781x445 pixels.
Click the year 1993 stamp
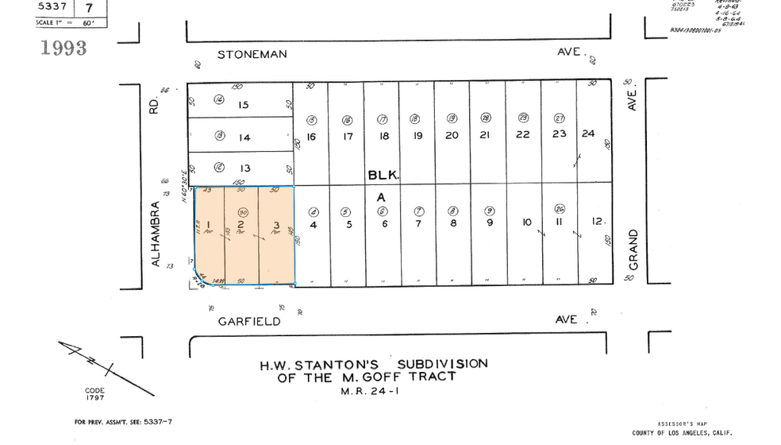tap(63, 48)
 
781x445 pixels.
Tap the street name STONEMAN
tap(252, 54)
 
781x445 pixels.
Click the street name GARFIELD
tap(250, 321)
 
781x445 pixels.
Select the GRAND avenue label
tap(633, 250)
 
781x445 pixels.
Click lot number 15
tap(244, 105)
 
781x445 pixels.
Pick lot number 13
tap(244, 168)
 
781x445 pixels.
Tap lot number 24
tap(588, 133)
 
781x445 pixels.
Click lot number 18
tap(384, 136)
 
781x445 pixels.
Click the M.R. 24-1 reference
tap(367, 392)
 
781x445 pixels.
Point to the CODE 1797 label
tap(94, 394)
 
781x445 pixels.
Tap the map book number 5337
tap(52, 7)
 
